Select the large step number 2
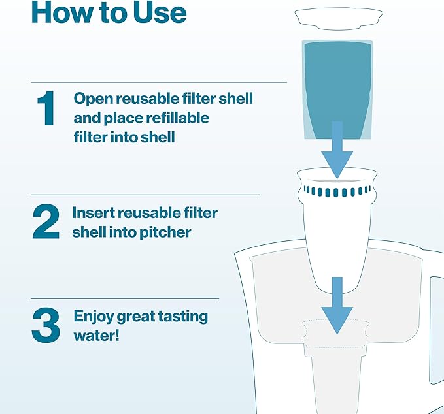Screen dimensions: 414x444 click(x=46, y=222)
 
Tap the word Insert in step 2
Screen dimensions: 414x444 click(x=93, y=213)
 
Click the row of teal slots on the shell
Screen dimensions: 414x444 click(x=337, y=191)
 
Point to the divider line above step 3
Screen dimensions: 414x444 click(x=125, y=299)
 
